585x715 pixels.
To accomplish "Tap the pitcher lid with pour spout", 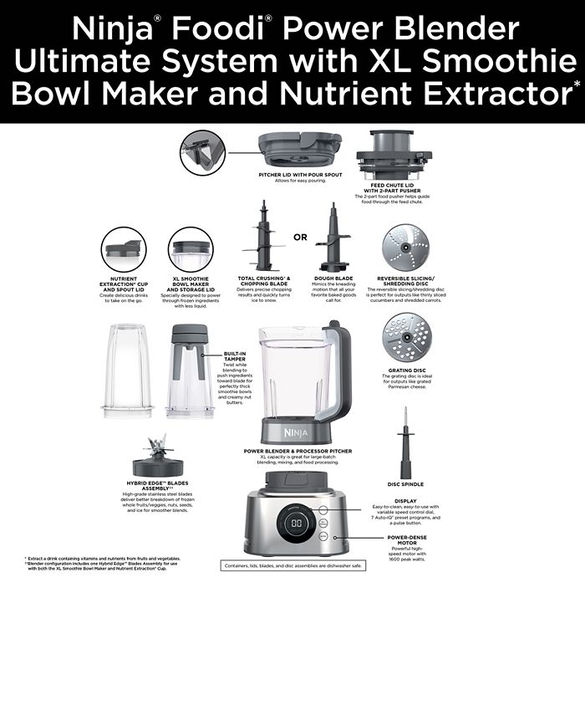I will [x=298, y=151].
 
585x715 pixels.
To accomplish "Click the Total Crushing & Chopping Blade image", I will [x=264, y=238].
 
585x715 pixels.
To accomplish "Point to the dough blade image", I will [x=333, y=238].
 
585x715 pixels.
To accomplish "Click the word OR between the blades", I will [x=300, y=237].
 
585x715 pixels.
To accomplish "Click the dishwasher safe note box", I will [x=292, y=566].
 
